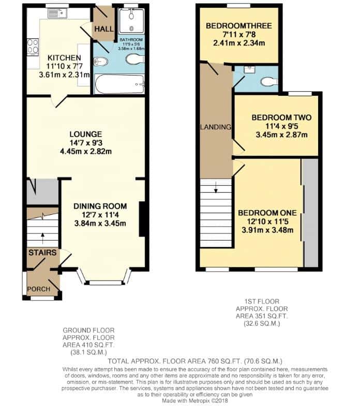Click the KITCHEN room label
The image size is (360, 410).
click(x=64, y=58)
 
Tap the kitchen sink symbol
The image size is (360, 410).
click(x=57, y=13)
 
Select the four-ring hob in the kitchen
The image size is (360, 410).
click(x=33, y=47)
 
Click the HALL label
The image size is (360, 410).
click(x=104, y=29)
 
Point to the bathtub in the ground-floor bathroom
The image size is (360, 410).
click(x=119, y=84)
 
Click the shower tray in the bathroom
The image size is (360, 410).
click(x=131, y=21)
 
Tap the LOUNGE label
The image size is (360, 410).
click(x=86, y=134)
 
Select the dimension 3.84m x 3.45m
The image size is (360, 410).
click(x=100, y=224)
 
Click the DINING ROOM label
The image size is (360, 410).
click(x=100, y=207)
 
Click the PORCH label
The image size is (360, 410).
click(x=39, y=289)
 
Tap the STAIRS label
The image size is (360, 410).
click(x=42, y=253)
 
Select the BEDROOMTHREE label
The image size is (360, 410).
click(x=239, y=26)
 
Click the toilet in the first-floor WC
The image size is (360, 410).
click(x=269, y=82)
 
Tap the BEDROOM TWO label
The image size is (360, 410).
click(x=281, y=118)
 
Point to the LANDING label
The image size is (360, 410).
click(x=216, y=127)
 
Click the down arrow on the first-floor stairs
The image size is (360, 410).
click(x=216, y=187)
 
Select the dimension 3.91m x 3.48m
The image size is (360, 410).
click(x=267, y=230)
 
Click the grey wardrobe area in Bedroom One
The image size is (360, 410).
click(x=311, y=213)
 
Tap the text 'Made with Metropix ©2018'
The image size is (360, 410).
click(x=194, y=401)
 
